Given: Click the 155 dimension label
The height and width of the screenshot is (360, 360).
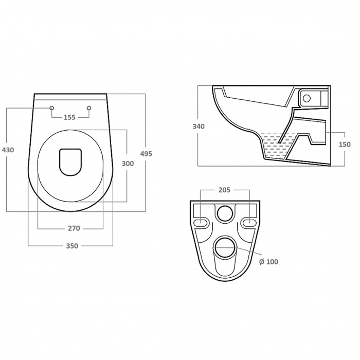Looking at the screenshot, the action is [x=69, y=117].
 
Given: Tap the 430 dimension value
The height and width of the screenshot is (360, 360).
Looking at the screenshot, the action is [x=8, y=150].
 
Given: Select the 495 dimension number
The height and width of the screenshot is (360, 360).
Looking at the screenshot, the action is [x=146, y=154].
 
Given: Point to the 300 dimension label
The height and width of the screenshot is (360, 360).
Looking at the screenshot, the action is [x=128, y=164].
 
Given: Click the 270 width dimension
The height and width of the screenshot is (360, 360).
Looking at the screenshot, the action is [x=74, y=228].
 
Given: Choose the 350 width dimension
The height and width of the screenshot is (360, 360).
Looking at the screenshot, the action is [x=72, y=246].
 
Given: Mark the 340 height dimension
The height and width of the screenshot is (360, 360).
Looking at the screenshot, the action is [x=199, y=127].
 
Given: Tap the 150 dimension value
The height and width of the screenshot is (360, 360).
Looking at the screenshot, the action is [x=345, y=145].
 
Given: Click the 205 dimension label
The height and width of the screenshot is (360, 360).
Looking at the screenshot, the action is [x=224, y=190].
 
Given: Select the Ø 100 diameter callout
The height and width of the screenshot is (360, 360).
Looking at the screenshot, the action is [x=268, y=262].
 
